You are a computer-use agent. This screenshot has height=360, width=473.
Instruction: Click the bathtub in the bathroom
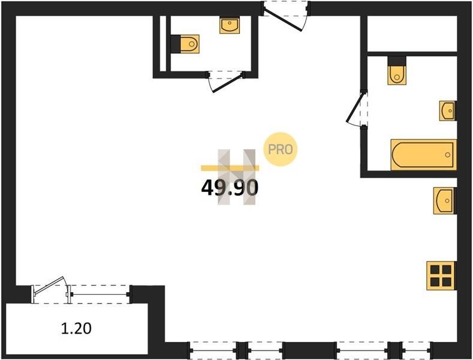coord(423,155)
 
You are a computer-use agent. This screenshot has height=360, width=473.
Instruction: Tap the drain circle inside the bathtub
coord(448,155)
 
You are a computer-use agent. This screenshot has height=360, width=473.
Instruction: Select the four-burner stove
coord(441,276)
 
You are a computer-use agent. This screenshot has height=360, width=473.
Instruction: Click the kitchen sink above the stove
coord(444,201)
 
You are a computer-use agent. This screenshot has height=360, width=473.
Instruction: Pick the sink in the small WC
coord(230,25)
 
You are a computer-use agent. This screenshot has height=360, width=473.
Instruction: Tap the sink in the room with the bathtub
coord(447,111)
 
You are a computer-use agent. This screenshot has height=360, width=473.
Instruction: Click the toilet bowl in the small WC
coord(190,44)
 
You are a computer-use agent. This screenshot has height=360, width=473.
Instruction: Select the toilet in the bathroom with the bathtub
coord(397,75)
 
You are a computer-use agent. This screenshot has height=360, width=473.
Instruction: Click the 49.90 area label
coord(230,188)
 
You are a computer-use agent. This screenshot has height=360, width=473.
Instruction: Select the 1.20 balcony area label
coord(76,328)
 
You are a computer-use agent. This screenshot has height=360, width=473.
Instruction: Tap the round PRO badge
coord(280,149)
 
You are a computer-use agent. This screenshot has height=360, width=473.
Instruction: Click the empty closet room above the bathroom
coord(412,34)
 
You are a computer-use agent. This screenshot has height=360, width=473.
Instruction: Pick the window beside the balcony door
coord(100,294)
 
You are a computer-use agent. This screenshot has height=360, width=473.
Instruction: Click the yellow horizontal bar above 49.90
coord(230,168)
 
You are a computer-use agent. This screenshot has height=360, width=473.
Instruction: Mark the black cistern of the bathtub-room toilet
coord(397,61)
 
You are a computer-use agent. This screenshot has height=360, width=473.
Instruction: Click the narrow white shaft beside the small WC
coord(163,43)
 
